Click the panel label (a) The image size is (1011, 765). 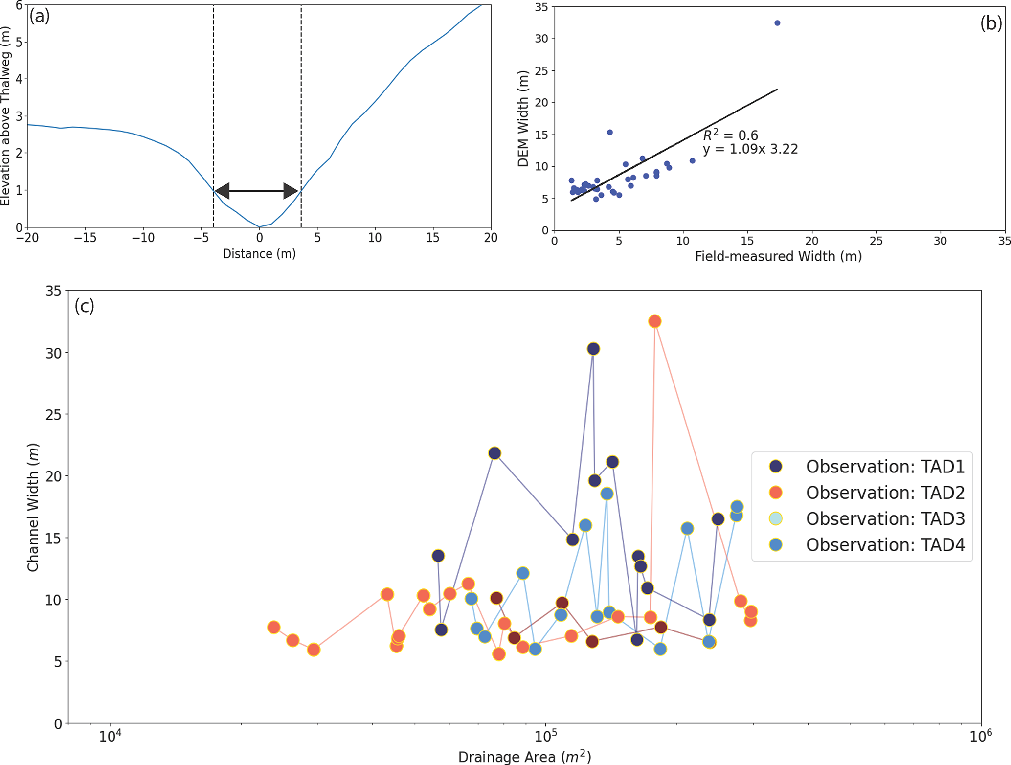tap(40, 17)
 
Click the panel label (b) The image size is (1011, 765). tap(991, 23)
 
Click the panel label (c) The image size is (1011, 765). tap(84, 306)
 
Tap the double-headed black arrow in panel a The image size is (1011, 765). tap(257, 191)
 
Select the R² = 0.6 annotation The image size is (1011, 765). tap(730, 135)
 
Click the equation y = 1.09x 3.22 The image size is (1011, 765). tap(750, 149)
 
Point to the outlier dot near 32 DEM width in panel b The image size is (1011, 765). tap(777, 23)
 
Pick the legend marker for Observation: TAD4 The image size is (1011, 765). tap(776, 545)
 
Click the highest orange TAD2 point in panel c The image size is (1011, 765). tap(655, 321)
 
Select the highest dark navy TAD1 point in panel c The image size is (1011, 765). tap(593, 349)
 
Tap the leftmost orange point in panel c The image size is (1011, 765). tap(274, 627)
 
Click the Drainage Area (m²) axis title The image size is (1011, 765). tap(524, 757)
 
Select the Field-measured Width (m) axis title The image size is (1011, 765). tap(778, 256)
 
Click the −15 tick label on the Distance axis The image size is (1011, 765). tap(85, 238)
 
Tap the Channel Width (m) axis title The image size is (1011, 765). tap(33, 507)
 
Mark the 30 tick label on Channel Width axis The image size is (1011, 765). tap(54, 353)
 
